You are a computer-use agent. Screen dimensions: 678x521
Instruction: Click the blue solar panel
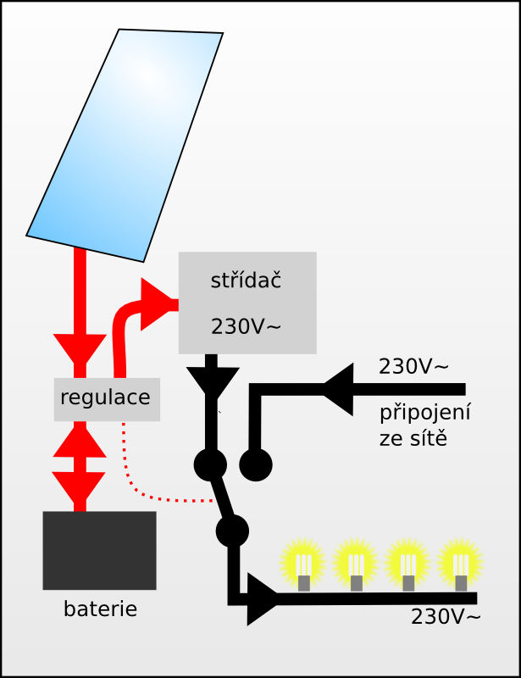pyautogui.click(x=125, y=144)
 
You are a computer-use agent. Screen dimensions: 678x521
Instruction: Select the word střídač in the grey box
pyautogui.click(x=246, y=281)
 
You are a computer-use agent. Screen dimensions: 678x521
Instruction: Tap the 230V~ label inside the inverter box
pyautogui.click(x=246, y=326)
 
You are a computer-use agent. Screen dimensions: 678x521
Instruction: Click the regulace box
pyautogui.click(x=107, y=398)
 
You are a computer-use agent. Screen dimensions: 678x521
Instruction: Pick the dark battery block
pyautogui.click(x=99, y=550)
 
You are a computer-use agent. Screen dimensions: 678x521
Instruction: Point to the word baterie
pyautogui.click(x=100, y=609)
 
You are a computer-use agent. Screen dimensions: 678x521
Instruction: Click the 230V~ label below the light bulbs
pyautogui.click(x=446, y=617)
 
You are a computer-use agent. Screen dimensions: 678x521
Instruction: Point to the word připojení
pyautogui.click(x=424, y=414)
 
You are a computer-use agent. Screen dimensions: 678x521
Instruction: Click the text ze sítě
pyautogui.click(x=413, y=439)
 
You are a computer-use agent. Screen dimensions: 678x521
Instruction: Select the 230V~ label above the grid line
pyautogui.click(x=413, y=367)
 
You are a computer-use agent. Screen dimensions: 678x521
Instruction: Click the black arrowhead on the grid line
pyautogui.click(x=339, y=390)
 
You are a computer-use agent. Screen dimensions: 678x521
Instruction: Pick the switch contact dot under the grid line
pyautogui.click(x=255, y=464)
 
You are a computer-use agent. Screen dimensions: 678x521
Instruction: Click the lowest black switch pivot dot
pyautogui.click(x=231, y=531)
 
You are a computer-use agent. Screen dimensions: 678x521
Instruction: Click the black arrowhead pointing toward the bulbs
pyautogui.click(x=261, y=599)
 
